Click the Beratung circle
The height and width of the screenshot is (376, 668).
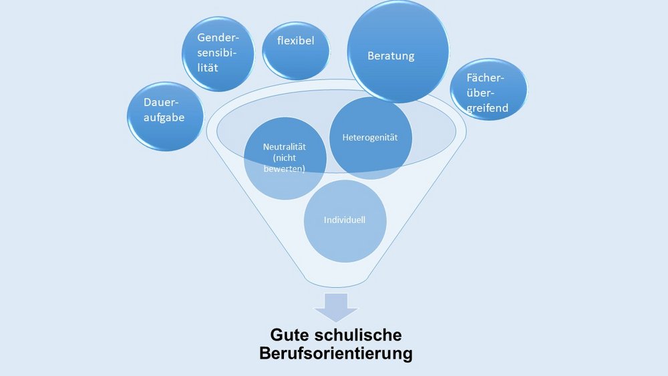[x=398, y=51]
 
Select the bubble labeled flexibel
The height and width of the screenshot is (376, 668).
[x=296, y=51]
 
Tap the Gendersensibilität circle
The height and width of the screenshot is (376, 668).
[x=218, y=54]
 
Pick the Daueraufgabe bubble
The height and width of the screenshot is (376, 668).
[x=165, y=116]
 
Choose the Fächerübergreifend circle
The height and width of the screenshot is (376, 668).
[x=488, y=89]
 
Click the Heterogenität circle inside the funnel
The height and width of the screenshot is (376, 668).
[x=371, y=138]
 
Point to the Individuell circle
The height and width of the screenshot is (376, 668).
[x=345, y=220]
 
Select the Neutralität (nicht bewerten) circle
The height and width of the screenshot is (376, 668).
[x=285, y=158]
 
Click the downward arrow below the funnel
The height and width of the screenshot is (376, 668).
[x=336, y=307]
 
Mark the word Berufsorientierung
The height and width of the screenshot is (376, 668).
[x=336, y=353]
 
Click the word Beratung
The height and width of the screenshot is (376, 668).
[x=391, y=56]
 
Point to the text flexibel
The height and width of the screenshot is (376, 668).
[x=296, y=41]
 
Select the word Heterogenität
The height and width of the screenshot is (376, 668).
[x=370, y=138]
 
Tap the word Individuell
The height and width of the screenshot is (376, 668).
[x=344, y=220]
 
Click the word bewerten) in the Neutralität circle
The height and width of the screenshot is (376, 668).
[x=284, y=168]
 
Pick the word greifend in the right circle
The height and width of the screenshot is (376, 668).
[x=488, y=108]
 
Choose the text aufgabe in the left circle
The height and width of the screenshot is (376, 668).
[x=164, y=118]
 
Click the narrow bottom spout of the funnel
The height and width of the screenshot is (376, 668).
[x=336, y=281]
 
